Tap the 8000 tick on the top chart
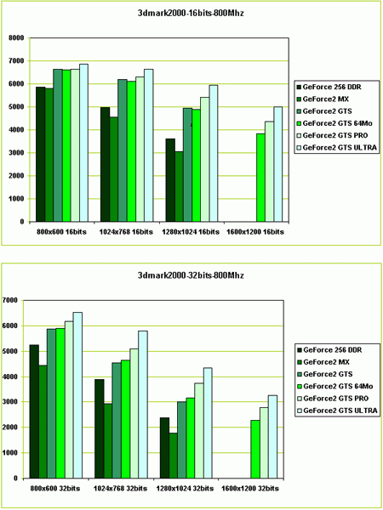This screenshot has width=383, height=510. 18,38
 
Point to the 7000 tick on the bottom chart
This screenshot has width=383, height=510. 12,300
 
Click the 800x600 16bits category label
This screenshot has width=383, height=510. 62,232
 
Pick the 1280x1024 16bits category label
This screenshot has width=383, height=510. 191,232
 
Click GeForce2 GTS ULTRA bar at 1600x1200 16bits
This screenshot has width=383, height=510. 277,164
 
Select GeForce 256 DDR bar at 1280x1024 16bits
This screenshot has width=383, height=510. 170,180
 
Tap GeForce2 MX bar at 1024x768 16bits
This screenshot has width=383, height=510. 114,169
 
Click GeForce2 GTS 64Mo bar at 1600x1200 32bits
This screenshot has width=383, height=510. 255,449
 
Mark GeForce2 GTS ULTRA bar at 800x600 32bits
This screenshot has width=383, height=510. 77,395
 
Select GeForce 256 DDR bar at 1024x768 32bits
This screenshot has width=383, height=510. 100,428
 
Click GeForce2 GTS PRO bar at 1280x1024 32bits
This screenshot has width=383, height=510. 199,431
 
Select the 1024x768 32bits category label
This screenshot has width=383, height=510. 121,488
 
